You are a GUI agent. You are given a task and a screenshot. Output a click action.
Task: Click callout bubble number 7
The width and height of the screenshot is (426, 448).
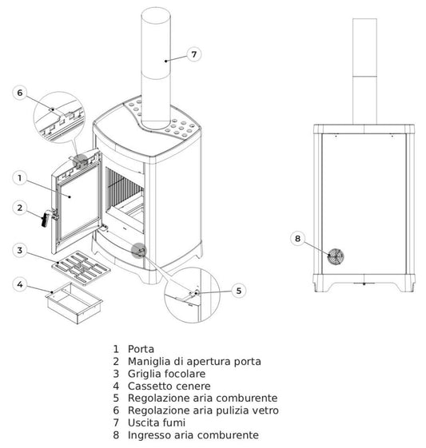coord(193,54)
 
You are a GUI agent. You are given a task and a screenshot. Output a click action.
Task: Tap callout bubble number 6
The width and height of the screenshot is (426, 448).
coord(21,93)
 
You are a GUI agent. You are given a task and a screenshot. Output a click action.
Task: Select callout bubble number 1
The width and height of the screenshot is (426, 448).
coord(21,177)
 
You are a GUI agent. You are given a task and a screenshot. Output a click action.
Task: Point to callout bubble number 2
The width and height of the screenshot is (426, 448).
coord(21,208)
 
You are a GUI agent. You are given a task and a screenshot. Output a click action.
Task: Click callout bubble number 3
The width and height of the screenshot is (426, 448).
coord(21,251)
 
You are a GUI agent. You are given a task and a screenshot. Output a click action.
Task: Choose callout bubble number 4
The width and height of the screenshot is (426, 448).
coord(21,283)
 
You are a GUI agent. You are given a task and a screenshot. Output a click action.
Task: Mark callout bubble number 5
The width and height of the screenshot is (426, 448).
coord(238,291)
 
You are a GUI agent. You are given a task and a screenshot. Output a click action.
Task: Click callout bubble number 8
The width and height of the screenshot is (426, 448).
coord(298,238)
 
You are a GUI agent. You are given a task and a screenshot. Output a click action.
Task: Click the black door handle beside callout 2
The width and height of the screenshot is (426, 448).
coord(46,216)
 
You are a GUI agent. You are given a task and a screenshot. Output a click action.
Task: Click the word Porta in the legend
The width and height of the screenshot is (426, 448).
coord(141,349)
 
